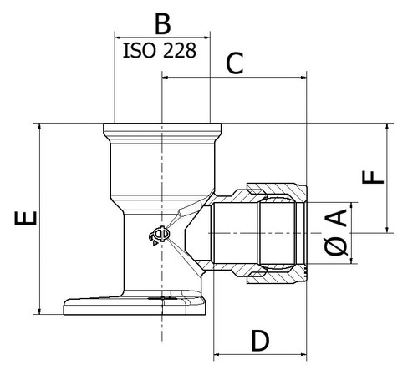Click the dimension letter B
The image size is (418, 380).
click(x=163, y=24)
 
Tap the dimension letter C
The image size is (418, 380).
click(x=235, y=63)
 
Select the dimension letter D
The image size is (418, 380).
click(x=260, y=340)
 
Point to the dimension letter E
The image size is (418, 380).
click(x=26, y=218)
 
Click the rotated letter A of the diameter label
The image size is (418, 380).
click(x=337, y=218)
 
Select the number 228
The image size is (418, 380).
click(x=180, y=51)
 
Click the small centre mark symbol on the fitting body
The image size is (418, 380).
click(x=160, y=236)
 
